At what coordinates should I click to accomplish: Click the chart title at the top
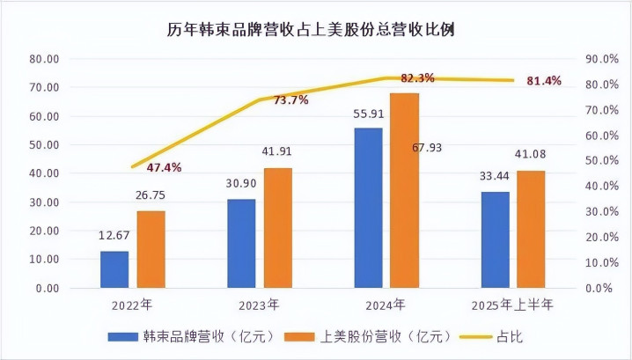point(316,28)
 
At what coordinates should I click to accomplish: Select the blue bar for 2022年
point(114,269)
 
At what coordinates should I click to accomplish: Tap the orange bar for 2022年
point(151,249)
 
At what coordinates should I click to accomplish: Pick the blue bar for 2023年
point(241,243)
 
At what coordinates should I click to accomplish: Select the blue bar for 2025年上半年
point(495,239)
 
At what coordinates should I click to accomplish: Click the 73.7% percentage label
point(290,100)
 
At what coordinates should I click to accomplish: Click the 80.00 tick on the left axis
point(43,59)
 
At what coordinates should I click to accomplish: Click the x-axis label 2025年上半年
point(512,305)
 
